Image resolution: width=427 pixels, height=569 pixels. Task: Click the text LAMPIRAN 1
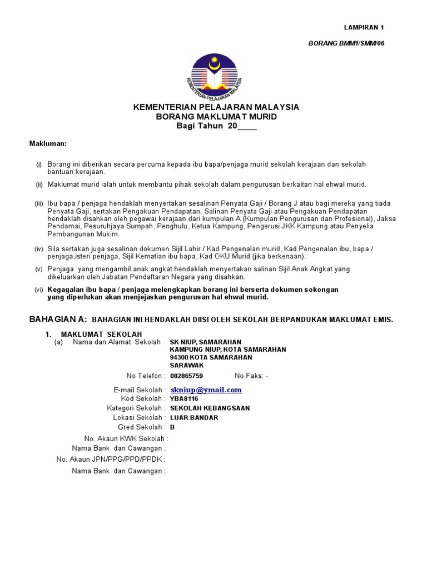click(x=364, y=27)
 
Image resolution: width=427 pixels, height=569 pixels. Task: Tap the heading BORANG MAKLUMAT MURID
click(x=216, y=117)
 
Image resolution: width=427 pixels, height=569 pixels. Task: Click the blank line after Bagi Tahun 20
click(x=247, y=127)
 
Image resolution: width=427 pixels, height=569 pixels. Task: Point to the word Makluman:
click(x=48, y=144)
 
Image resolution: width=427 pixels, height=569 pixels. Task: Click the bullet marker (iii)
click(x=39, y=204)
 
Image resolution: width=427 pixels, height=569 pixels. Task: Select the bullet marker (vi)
click(x=39, y=290)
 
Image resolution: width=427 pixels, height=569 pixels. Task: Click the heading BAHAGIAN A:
click(x=58, y=320)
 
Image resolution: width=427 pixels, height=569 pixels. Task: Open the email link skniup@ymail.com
click(x=206, y=390)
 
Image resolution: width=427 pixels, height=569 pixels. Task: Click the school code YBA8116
click(x=184, y=399)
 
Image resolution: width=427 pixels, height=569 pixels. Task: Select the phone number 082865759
click(x=186, y=376)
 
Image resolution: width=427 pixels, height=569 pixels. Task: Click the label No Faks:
click(x=250, y=376)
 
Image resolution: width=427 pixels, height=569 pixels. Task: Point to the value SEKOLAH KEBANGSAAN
click(x=210, y=408)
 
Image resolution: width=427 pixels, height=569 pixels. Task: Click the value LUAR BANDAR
click(x=194, y=418)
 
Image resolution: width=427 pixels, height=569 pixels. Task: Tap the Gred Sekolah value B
click(x=172, y=427)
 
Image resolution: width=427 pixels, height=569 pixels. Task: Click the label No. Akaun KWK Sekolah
click(x=126, y=438)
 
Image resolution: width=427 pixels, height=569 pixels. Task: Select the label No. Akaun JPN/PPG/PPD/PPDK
click(x=111, y=460)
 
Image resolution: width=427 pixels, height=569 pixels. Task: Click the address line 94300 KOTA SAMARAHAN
click(x=211, y=358)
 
